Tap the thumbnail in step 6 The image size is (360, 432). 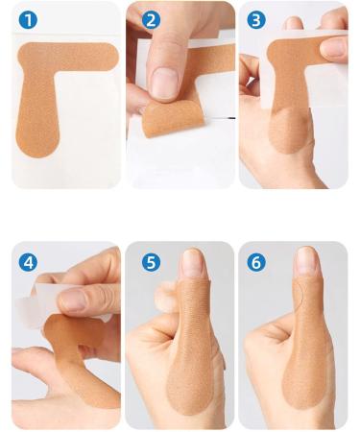(x=306, y=261)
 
